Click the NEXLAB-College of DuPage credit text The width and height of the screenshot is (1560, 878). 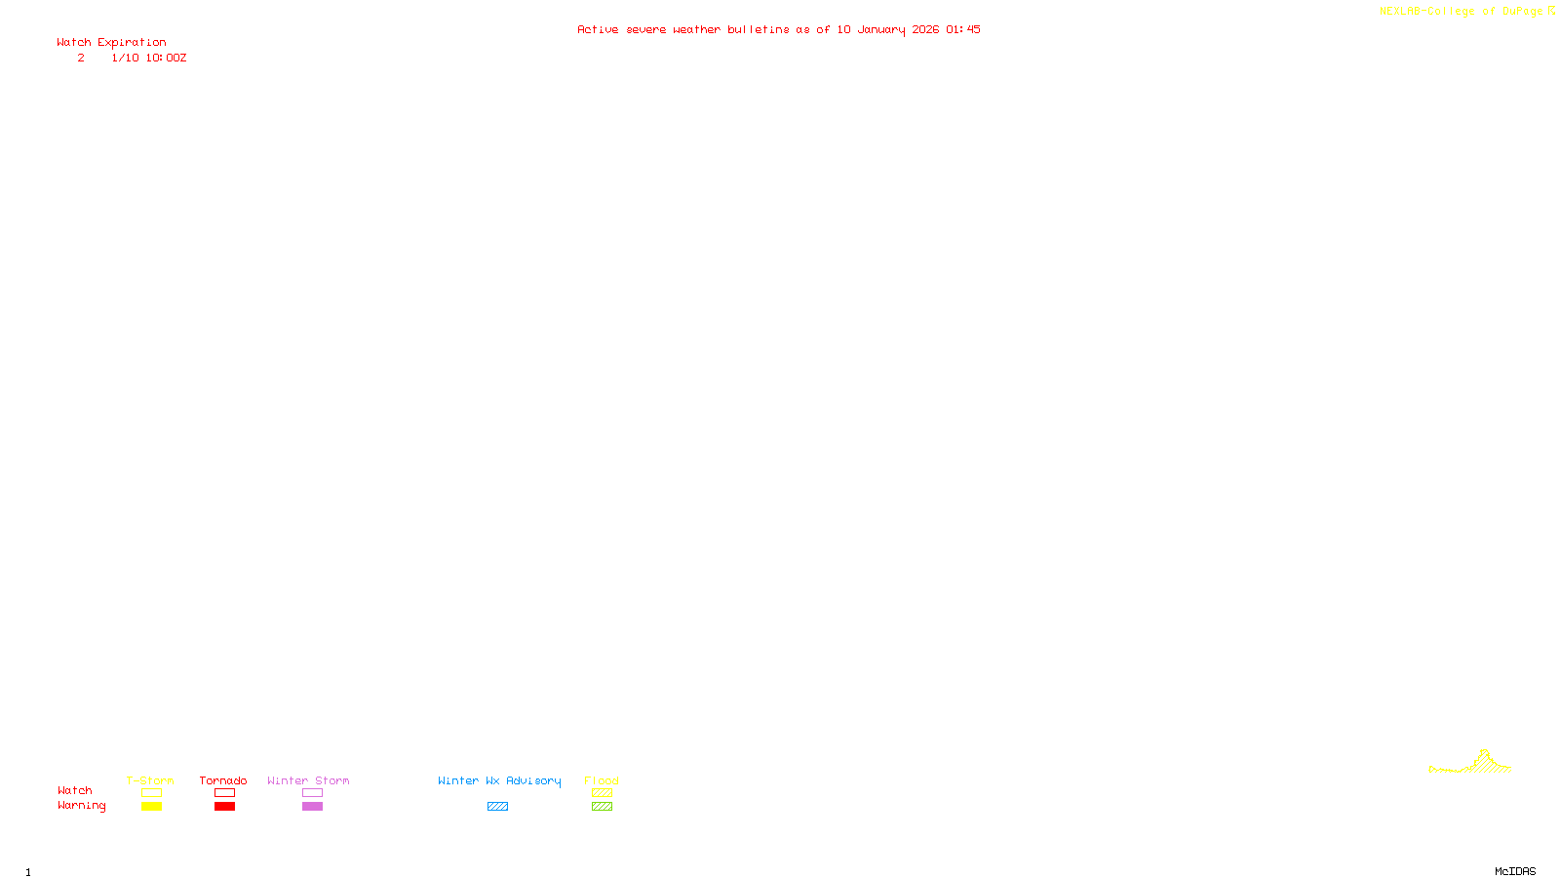pyautogui.click(x=1461, y=12)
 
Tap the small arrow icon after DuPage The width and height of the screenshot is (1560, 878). pyautogui.click(x=1551, y=11)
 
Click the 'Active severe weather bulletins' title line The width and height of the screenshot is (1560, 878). pyautogui.click(x=778, y=29)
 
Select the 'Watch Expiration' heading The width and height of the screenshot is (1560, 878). pyautogui.click(x=111, y=43)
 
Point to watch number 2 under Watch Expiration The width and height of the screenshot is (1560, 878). pyautogui.click(x=81, y=59)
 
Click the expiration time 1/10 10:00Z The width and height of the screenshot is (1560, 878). pyautogui.click(x=148, y=59)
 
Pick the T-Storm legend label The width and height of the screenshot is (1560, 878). pyautogui.click(x=150, y=780)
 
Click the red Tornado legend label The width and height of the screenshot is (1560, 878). pyautogui.click(x=223, y=780)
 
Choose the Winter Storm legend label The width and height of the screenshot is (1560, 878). pyautogui.click(x=308, y=780)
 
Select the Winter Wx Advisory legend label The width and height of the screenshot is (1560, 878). pyautogui.click(x=499, y=780)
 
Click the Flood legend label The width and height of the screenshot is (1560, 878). pyautogui.click(x=602, y=780)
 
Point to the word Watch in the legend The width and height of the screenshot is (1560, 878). pyautogui.click(x=75, y=791)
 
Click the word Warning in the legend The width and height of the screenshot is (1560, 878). pyautogui.click(x=81, y=806)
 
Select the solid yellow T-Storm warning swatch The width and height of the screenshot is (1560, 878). pyautogui.click(x=151, y=807)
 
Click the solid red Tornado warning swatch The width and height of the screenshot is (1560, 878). pyautogui.click(x=224, y=807)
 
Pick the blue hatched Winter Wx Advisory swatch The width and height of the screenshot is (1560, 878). pyautogui.click(x=497, y=807)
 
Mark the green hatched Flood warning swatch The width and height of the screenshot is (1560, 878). pyautogui.click(x=602, y=807)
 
